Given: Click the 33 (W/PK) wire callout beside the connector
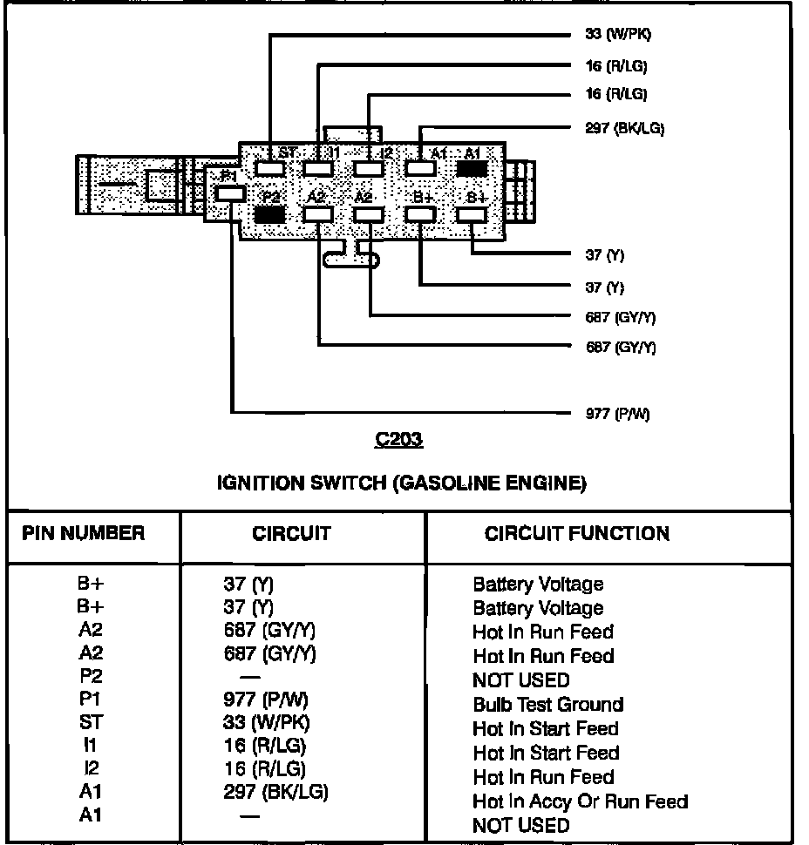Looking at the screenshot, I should click(617, 35).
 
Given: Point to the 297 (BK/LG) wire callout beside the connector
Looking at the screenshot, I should click(624, 128).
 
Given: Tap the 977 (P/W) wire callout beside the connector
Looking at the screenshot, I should click(617, 414).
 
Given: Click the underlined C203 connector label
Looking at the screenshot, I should click(398, 441).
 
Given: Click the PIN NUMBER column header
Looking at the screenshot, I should click(84, 533).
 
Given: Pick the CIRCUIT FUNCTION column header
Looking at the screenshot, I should click(577, 534).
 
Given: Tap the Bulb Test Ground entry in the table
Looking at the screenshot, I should click(547, 704).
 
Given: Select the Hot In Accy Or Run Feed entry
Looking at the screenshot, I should click(580, 801).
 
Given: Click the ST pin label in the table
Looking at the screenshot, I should click(90, 722).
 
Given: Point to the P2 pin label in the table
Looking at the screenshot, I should click(90, 674).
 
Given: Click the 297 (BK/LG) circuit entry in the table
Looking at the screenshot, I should click(275, 792).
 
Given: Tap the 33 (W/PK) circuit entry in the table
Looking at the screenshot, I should click(266, 722).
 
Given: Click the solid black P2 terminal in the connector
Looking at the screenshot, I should click(270, 213).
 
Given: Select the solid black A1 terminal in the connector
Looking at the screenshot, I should click(472, 168).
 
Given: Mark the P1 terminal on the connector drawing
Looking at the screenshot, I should click(228, 193).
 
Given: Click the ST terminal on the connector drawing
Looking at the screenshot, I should click(270, 168).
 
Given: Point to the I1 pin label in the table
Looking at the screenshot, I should click(90, 746).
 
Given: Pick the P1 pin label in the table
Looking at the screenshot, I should click(90, 699).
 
